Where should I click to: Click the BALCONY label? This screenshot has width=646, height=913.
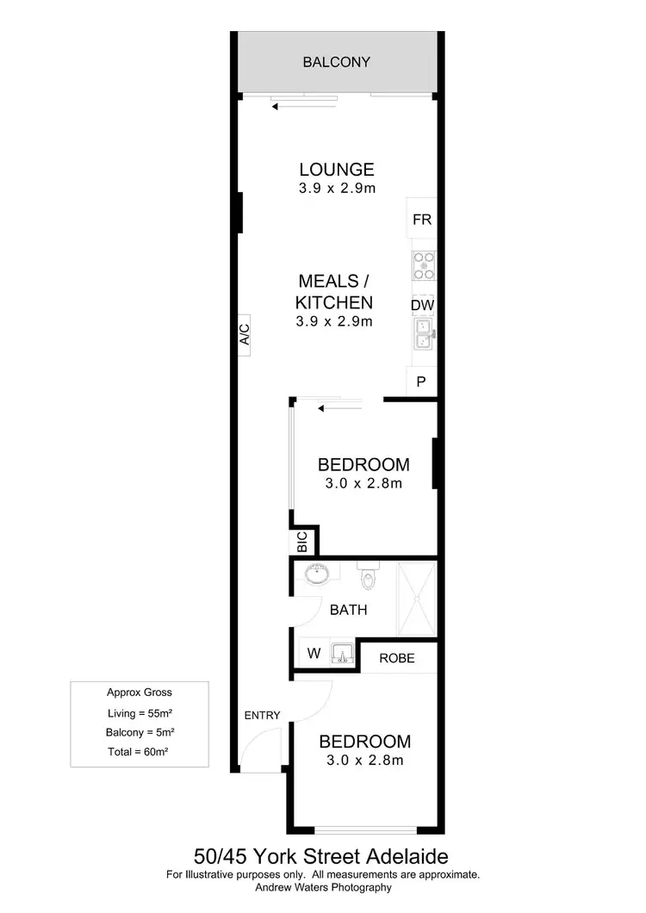(x=336, y=62)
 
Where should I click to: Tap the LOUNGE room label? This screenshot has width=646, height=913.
(x=336, y=170)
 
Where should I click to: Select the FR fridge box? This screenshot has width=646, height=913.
(x=421, y=220)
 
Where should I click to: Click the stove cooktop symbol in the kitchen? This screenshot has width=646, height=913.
(x=424, y=265)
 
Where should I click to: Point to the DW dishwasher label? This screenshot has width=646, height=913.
(x=421, y=306)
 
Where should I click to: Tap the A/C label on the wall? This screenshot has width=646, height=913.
(x=244, y=334)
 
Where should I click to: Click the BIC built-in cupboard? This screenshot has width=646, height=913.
(x=302, y=543)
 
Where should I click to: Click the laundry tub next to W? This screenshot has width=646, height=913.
(x=342, y=655)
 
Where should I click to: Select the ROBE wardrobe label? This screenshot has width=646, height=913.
(x=396, y=658)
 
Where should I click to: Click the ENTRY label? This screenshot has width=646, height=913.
(x=263, y=715)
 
